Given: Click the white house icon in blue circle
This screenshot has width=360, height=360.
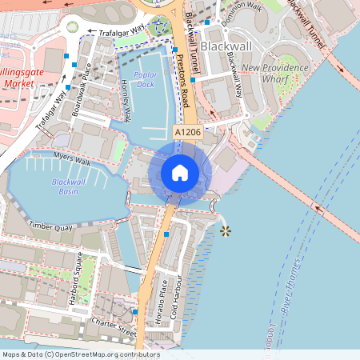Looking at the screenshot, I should pyautogui.click(x=180, y=172).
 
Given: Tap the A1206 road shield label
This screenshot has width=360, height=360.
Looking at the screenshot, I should pyautogui.click(x=186, y=131).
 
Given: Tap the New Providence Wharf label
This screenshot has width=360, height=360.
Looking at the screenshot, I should pyautogui.click(x=274, y=74).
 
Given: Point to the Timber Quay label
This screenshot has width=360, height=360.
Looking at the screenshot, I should pyautogui.click(x=50, y=227).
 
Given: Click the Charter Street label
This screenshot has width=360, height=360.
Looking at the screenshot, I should pyautogui.click(x=114, y=326).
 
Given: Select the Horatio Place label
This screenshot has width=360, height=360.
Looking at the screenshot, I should pyautogui.click(x=163, y=297).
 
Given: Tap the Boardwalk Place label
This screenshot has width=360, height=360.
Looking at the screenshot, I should pyautogui.click(x=82, y=89).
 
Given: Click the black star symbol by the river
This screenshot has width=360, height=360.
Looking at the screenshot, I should pyautogui.click(x=226, y=231).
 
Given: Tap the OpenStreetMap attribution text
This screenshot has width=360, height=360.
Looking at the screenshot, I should pyautogui.click(x=80, y=354).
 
